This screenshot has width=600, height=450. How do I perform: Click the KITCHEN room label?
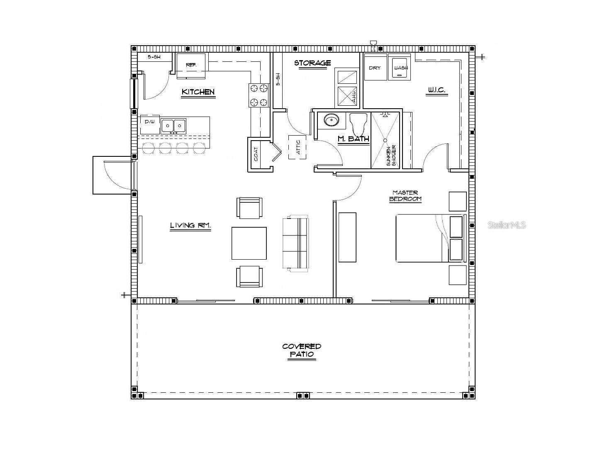[198, 92]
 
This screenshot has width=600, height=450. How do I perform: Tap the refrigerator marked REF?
[191, 65]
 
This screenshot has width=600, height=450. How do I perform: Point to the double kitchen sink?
[174, 125]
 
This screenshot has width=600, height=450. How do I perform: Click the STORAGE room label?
[312, 63]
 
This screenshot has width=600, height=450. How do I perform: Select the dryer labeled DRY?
[375, 67]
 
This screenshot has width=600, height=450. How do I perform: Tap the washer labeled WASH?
[400, 67]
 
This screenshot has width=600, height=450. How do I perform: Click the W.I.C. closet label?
[436, 90]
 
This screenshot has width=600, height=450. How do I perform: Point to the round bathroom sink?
[332, 121]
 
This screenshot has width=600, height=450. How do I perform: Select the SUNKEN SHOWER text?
[391, 156]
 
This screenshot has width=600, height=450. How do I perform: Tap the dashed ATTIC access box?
[298, 147]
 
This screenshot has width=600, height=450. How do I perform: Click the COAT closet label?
[256, 154]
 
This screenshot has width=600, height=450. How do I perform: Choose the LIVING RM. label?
[190, 226]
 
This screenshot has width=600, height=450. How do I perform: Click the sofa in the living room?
[295, 243]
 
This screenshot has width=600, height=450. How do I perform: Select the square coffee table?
[249, 243]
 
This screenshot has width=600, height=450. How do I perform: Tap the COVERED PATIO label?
[302, 350]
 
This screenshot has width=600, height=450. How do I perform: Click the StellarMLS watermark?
[507, 225]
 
